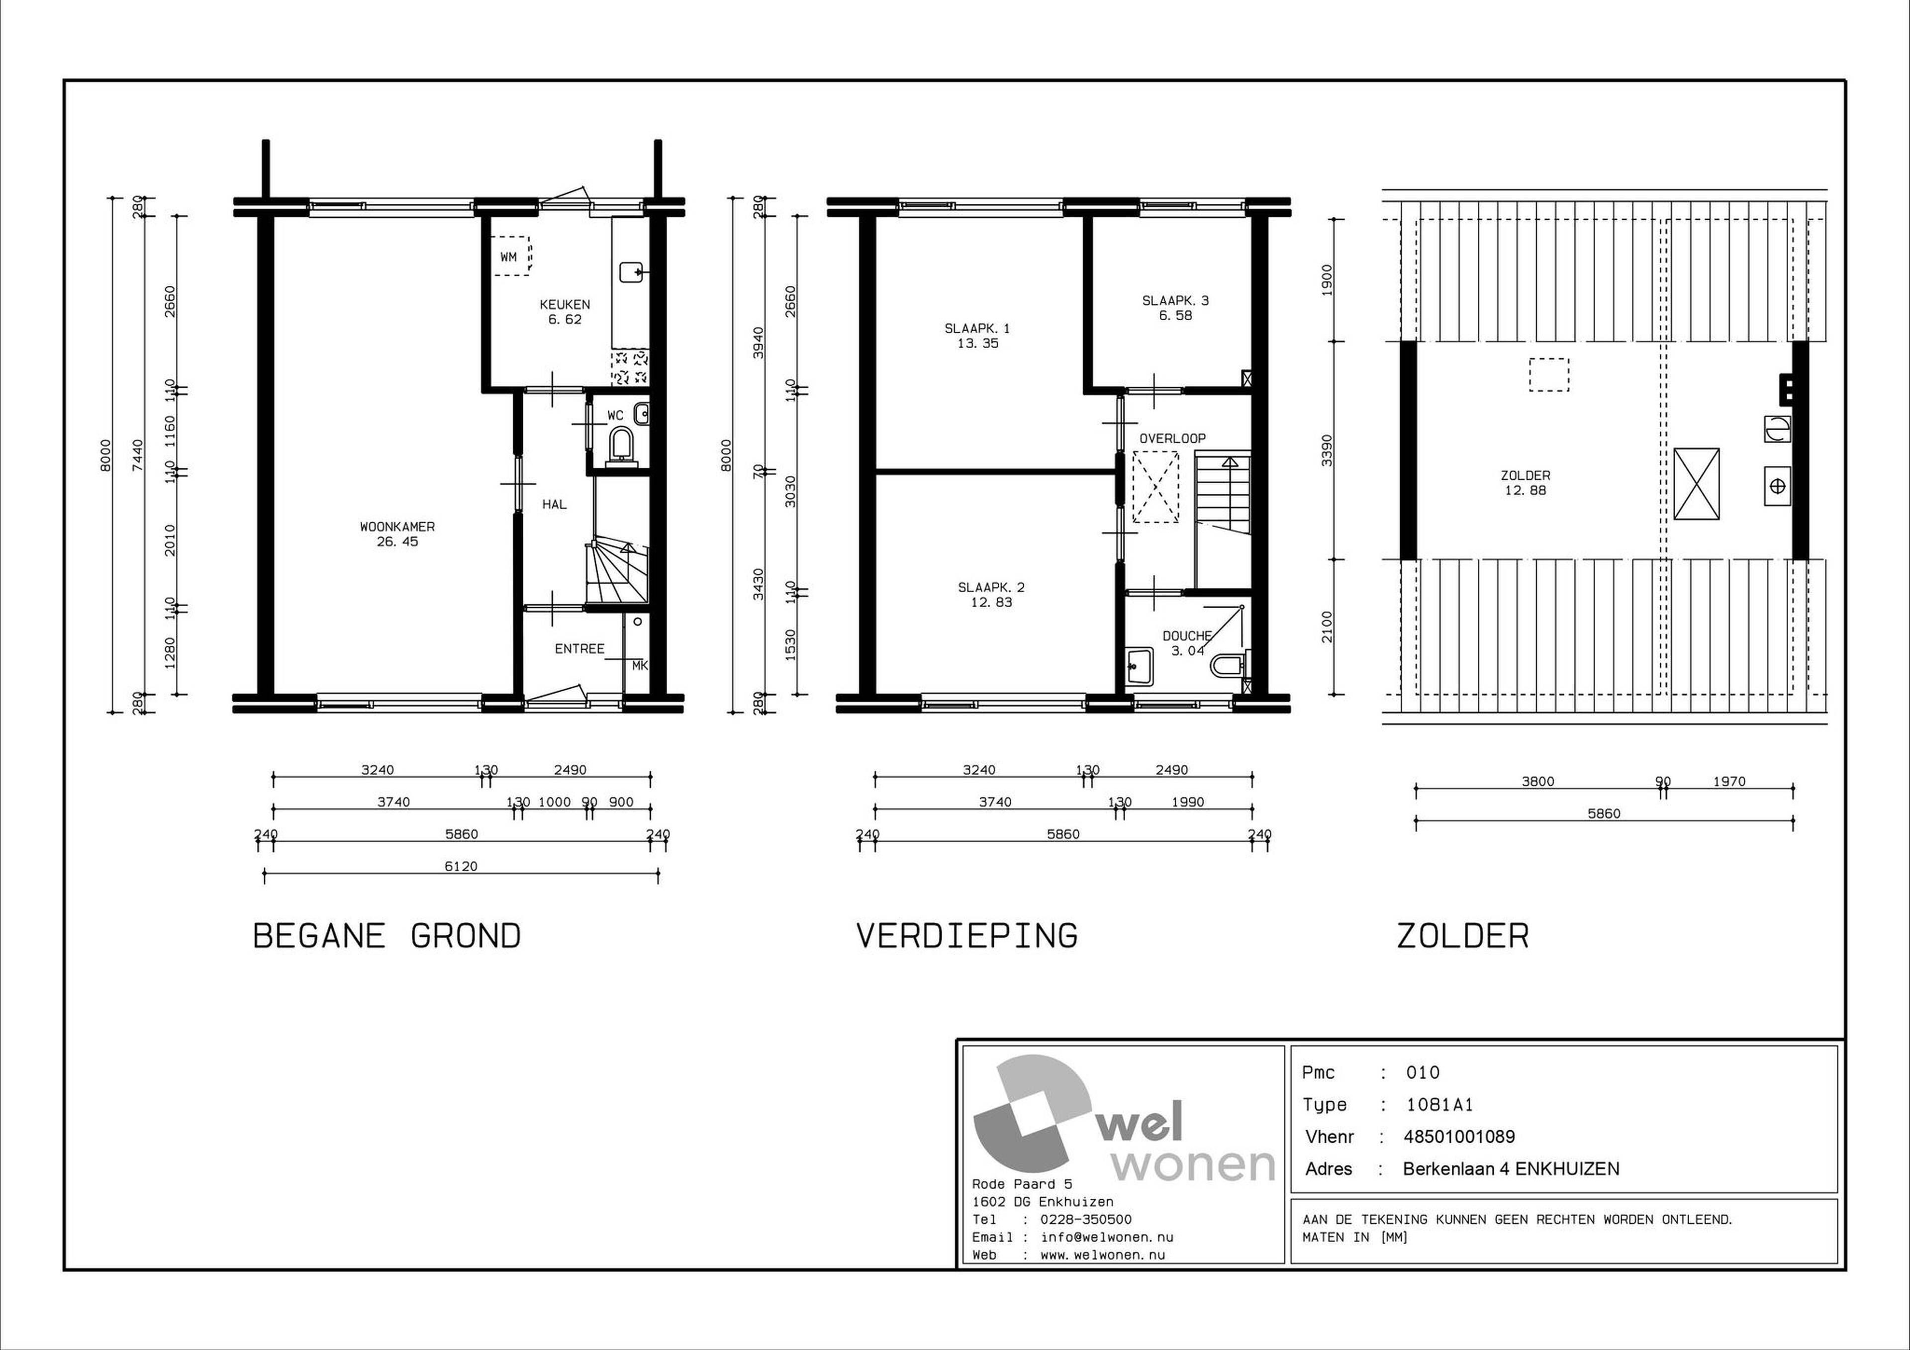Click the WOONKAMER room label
coord(397,527)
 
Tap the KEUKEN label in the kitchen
coord(565,304)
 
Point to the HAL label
coord(554,504)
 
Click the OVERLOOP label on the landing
coord(1172,439)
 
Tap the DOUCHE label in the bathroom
coord(1187,636)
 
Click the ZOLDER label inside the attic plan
coord(1525,476)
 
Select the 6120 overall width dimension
coord(461,866)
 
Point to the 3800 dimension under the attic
coord(1537,781)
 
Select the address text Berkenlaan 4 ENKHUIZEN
coord(1511,1169)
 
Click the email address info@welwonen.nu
coord(1107,1237)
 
